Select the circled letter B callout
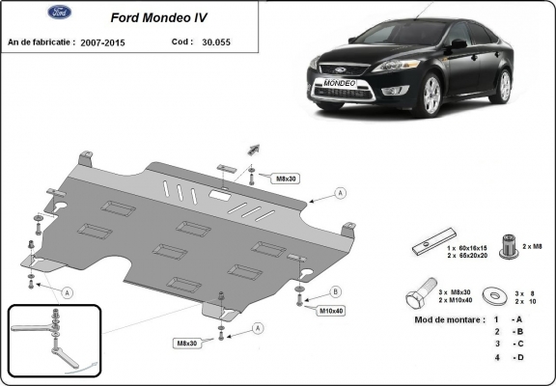[335, 291]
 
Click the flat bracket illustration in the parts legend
[431, 247]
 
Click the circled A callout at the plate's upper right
[340, 193]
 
